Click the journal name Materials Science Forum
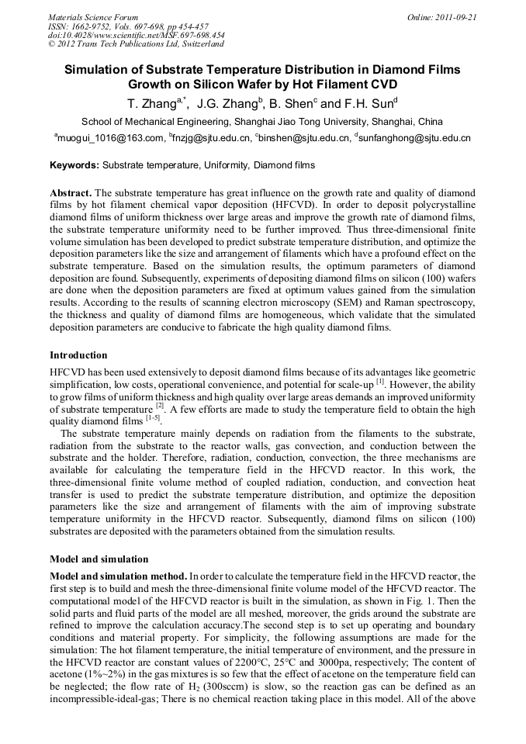tap(93, 16)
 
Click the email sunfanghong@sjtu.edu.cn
tap(415, 139)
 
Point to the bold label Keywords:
tap(74, 165)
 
